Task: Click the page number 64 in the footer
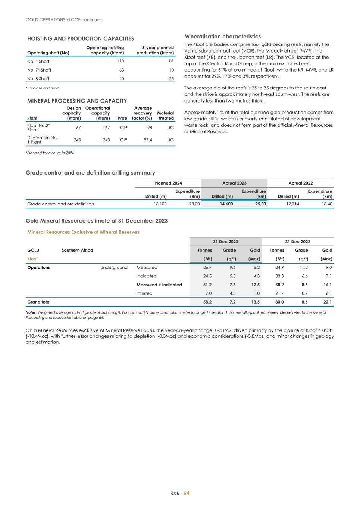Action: (187, 493)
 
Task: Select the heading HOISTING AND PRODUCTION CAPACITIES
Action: (81, 38)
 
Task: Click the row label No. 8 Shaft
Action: (38, 79)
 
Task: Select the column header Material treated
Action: (166, 116)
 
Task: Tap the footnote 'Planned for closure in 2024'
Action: (50, 153)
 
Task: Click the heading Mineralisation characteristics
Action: (222, 37)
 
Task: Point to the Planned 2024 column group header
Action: (168, 183)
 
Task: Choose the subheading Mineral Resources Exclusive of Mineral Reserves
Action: (83, 232)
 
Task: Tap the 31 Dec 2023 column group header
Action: (225, 242)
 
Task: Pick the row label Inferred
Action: (144, 293)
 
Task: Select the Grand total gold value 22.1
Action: (328, 302)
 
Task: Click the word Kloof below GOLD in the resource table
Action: (32, 259)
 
